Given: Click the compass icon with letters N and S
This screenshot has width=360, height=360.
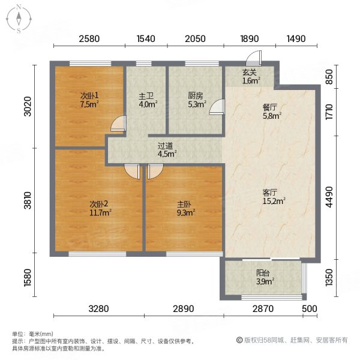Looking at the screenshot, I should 19,19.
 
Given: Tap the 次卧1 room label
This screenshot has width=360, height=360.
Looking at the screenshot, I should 89,99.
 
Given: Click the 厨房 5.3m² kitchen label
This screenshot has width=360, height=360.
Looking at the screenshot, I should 194,99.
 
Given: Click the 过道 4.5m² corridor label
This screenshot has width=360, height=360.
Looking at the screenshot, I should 166,149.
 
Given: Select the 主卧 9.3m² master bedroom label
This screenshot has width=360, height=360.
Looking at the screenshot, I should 185,207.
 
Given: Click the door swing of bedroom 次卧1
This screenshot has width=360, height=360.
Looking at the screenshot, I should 119,125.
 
